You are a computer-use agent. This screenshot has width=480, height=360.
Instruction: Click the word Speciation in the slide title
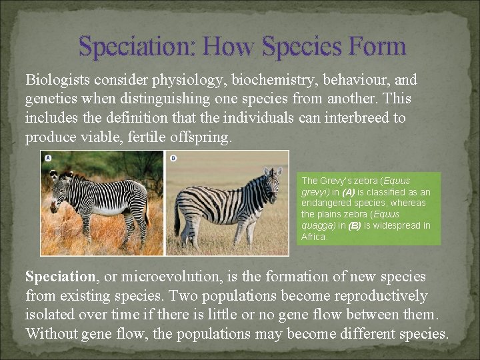(137, 47)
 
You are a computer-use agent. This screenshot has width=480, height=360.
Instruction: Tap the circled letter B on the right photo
(173, 158)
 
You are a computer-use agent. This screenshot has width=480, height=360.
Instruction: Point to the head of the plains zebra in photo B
(271, 183)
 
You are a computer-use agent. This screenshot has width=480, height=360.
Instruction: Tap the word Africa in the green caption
(314, 237)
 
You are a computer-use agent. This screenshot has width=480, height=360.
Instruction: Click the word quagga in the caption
(317, 225)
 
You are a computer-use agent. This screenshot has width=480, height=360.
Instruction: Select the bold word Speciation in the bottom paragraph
(60, 276)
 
